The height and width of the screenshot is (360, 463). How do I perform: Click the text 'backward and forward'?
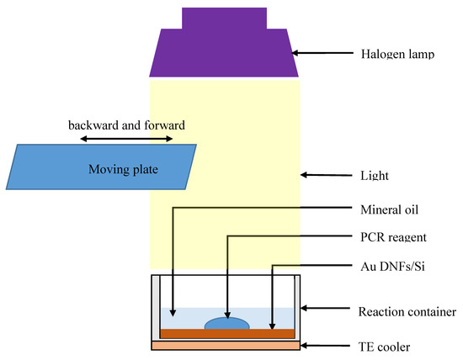click(126, 125)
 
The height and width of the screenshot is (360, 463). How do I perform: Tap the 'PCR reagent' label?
click(387, 237)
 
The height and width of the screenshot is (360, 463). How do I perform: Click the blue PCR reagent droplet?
click(226, 323)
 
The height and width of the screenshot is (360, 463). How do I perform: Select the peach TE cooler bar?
click(225, 344)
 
